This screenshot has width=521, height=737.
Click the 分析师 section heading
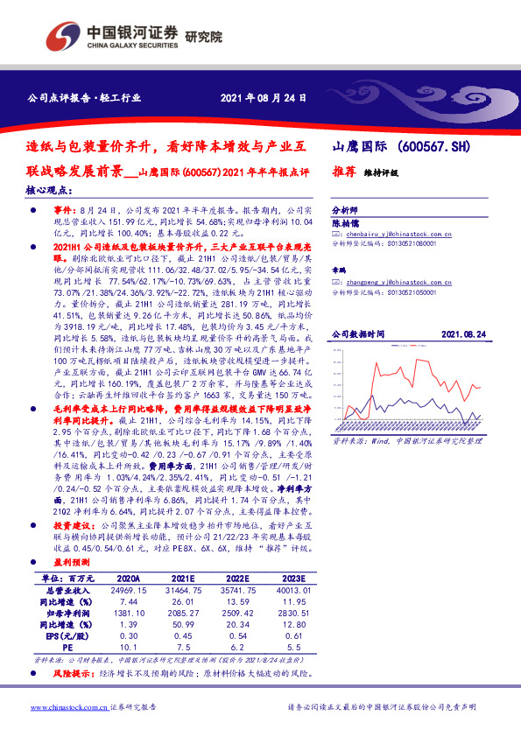pos(345,212)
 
